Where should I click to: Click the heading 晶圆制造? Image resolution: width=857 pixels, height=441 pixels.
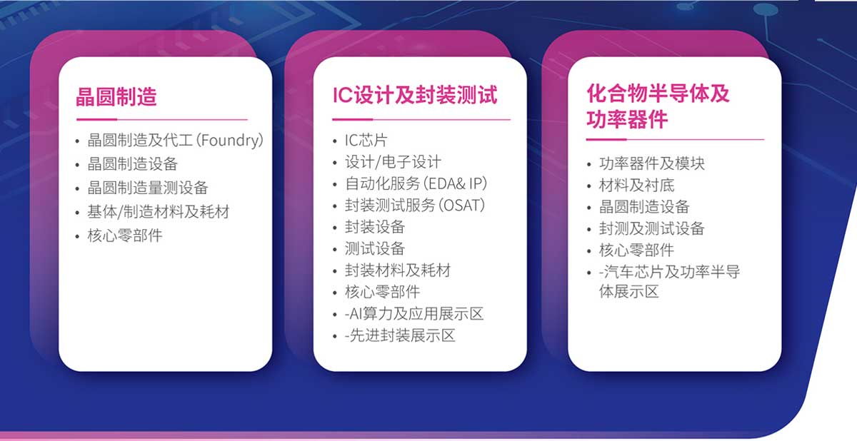tap(116, 96)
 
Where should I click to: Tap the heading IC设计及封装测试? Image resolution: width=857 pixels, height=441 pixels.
tap(415, 95)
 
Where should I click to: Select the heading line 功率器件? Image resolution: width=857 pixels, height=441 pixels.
tap(627, 119)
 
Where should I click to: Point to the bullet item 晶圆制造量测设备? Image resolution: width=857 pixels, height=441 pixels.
tap(148, 188)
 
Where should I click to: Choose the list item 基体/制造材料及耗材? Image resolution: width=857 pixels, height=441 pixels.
tap(159, 212)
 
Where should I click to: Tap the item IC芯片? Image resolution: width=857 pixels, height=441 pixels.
tap(366, 141)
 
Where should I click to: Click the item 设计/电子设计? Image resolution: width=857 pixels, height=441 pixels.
tap(393, 162)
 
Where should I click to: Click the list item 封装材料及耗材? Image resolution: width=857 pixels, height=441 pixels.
tap(398, 270)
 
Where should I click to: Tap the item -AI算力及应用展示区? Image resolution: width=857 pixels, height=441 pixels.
tap(414, 314)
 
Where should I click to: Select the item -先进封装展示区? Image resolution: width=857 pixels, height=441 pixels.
tap(400, 335)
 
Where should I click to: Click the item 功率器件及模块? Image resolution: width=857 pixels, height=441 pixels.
tap(652, 163)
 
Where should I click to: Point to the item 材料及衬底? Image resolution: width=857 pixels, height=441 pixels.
tap(636, 186)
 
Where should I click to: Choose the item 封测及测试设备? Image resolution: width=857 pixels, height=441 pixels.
tap(652, 228)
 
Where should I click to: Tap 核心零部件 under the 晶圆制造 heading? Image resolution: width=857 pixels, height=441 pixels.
tap(125, 235)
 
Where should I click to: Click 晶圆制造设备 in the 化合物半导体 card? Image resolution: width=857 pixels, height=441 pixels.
tap(644, 207)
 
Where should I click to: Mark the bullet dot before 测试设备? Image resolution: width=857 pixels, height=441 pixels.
tap(335, 250)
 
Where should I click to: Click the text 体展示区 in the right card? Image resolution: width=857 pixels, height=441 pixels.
tap(628, 292)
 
